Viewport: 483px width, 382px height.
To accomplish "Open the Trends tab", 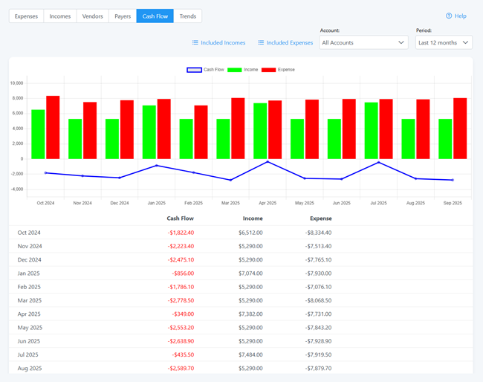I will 187,16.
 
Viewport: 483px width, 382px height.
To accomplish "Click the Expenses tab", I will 26,16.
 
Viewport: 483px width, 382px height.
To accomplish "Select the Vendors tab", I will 92,16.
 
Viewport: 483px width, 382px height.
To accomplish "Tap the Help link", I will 456,16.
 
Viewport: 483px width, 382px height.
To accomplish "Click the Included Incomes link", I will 218,42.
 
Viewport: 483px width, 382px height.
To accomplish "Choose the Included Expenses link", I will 285,42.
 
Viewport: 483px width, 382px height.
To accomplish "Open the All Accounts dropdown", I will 363,42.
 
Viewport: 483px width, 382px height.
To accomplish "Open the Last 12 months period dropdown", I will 444,42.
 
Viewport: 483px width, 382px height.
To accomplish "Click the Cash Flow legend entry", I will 205,70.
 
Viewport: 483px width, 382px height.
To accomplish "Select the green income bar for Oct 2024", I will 38,135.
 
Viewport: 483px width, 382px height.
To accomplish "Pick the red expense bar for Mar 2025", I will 238,129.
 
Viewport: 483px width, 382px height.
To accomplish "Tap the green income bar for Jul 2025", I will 372,131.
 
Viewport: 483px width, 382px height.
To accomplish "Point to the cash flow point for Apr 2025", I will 268,162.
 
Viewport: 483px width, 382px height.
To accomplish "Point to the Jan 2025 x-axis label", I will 157,202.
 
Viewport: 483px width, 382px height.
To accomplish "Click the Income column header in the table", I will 253,218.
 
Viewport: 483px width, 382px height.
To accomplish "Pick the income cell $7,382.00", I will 250,314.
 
